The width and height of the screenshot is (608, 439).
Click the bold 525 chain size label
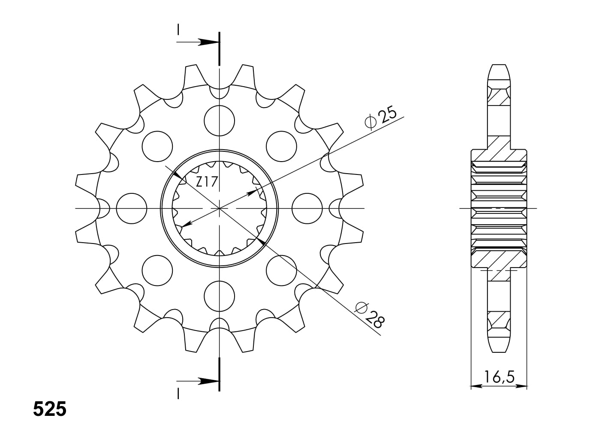click(50, 409)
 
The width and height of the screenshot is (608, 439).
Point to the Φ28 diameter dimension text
click(370, 314)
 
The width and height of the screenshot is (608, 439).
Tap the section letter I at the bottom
click(178, 393)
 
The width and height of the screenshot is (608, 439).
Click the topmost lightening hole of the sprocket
click(220, 120)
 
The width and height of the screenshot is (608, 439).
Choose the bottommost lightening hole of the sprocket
click(220, 297)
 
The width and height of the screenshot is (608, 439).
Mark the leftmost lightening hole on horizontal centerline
click(131, 208)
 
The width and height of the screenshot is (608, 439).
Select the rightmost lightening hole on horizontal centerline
click(307, 208)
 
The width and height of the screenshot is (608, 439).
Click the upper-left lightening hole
click(157, 146)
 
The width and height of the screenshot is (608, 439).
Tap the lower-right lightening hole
click(281, 271)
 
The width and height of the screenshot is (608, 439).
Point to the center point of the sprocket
click(220, 208)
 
